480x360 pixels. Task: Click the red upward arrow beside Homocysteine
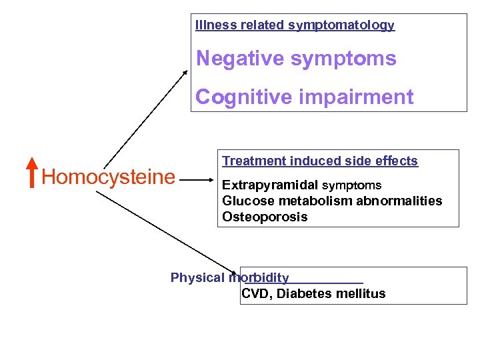[x=31, y=173]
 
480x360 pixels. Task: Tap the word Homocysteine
[x=108, y=177]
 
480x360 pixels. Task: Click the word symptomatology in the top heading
[x=341, y=25]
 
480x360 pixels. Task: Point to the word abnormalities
[x=405, y=201]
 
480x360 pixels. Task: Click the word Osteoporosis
[x=265, y=217]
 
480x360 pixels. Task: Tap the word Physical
[x=198, y=278]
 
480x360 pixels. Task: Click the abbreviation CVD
[x=254, y=294]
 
